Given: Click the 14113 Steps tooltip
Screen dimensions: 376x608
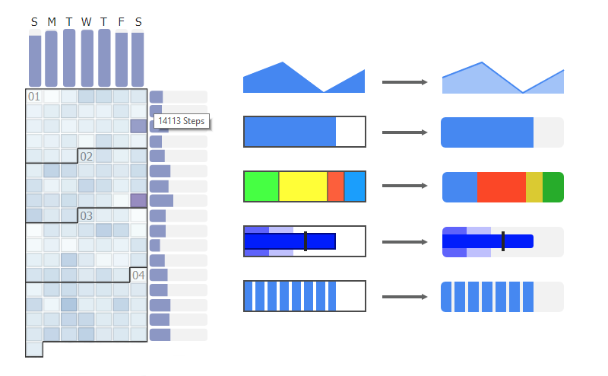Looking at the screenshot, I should pyautogui.click(x=181, y=121).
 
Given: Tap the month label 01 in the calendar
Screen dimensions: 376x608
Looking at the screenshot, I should pyautogui.click(x=34, y=97).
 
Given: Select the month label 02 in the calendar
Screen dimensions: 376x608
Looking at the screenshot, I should pyautogui.click(x=87, y=156).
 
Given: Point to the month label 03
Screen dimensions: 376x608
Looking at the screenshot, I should pyautogui.click(x=87, y=215).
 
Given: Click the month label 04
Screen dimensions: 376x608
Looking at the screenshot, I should pyautogui.click(x=138, y=274).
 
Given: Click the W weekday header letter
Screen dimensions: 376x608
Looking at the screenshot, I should pyautogui.click(x=86, y=22).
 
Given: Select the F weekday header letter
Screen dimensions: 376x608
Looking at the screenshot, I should pyautogui.click(x=121, y=22).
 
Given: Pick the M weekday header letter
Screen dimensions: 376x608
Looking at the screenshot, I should pyautogui.click(x=52, y=22).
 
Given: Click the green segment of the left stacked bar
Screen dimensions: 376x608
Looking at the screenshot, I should pyautogui.click(x=261, y=186).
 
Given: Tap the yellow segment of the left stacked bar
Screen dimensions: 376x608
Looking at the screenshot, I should pyautogui.click(x=302, y=186).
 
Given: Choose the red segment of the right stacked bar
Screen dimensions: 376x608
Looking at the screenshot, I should pyautogui.click(x=501, y=187).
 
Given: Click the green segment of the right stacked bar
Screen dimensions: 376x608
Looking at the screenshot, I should pyautogui.click(x=553, y=187).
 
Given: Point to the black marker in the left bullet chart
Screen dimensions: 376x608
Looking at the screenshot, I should pyautogui.click(x=305, y=241).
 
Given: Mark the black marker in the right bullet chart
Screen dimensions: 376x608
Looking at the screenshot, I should pyautogui.click(x=502, y=241).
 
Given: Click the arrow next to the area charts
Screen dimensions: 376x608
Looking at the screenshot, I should pyautogui.click(x=402, y=81).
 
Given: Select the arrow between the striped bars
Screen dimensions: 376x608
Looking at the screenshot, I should pyautogui.click(x=402, y=297).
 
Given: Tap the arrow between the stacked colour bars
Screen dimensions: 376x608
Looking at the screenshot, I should pyautogui.click(x=402, y=186).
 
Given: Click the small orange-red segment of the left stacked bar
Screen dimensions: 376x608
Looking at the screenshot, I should pyautogui.click(x=335, y=186).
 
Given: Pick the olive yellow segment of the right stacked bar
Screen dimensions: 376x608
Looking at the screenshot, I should pyautogui.click(x=534, y=187).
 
